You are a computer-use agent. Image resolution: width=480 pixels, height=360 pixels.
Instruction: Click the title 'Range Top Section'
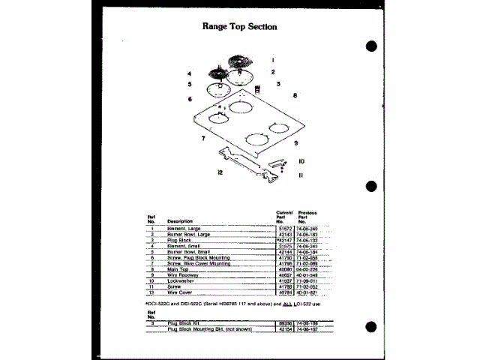coord(240,26)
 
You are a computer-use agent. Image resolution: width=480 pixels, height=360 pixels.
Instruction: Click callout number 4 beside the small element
coord(190,73)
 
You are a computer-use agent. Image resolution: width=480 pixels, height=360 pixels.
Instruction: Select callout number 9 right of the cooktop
coord(296,142)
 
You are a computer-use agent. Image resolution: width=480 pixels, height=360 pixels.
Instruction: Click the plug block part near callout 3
coord(259,89)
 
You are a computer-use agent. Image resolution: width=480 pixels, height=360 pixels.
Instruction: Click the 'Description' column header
coord(180,221)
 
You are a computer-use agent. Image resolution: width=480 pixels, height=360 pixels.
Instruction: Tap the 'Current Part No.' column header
coord(283,217)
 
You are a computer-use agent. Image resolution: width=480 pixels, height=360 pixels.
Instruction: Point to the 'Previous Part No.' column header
coord(307,217)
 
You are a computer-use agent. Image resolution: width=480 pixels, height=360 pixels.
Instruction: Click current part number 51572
coord(284,228)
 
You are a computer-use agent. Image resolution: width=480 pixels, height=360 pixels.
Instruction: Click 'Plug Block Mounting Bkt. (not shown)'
coord(208,328)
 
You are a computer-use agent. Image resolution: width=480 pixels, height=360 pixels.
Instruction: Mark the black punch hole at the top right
coord(370,46)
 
